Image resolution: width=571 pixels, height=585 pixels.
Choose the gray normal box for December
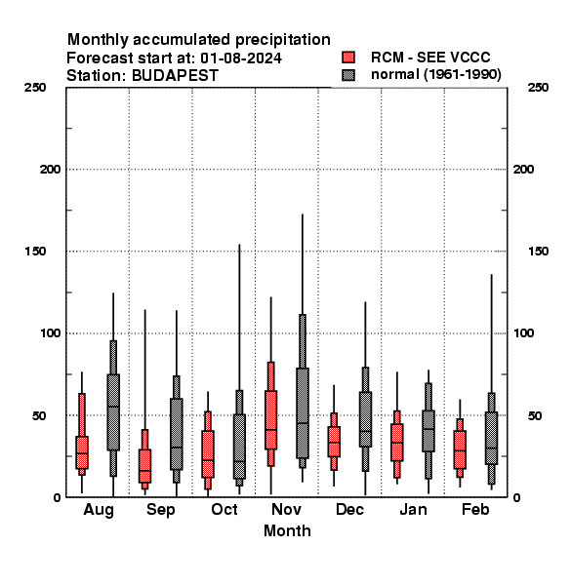[x=365, y=419]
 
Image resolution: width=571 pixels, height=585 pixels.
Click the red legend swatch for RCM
[x=348, y=58]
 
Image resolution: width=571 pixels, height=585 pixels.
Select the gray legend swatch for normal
[x=348, y=75]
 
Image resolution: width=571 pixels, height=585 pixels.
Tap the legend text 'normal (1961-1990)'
[x=435, y=75]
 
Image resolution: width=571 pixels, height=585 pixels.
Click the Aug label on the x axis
[x=99, y=510]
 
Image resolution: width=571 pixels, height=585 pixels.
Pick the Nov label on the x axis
[x=286, y=509]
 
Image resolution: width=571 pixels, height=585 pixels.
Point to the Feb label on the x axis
[x=475, y=509]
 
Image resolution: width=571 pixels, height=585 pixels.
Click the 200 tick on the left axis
[x=51, y=170]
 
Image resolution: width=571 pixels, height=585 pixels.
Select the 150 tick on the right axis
[x=539, y=252]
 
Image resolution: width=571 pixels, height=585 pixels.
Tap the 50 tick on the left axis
[x=40, y=415]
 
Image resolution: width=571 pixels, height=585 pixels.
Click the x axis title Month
[x=287, y=531]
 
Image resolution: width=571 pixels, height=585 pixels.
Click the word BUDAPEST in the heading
[x=175, y=76]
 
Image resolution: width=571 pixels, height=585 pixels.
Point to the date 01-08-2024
[x=241, y=58]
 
